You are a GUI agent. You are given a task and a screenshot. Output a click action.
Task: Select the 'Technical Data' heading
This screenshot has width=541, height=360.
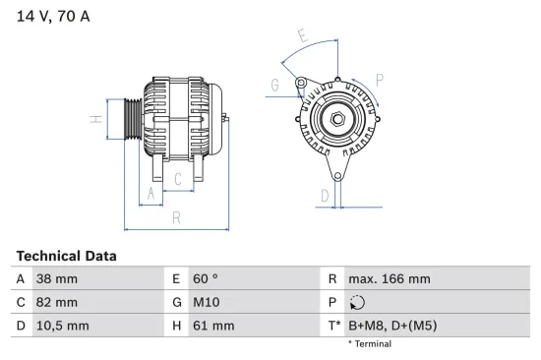[66, 256]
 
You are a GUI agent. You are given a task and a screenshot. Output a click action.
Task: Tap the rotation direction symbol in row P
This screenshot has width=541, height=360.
[356, 302]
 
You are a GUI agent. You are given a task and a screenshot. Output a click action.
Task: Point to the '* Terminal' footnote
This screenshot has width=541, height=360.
[369, 344]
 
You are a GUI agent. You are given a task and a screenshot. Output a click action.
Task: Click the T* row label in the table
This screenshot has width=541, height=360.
[333, 325]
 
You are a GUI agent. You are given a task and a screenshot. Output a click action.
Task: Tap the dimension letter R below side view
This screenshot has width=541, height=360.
[175, 218]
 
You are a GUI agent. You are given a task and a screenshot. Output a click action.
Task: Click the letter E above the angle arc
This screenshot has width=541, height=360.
[303, 38]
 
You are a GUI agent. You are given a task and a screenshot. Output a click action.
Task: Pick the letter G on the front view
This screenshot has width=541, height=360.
[274, 86]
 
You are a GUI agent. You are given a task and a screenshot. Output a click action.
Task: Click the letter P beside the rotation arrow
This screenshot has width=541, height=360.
[379, 78]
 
